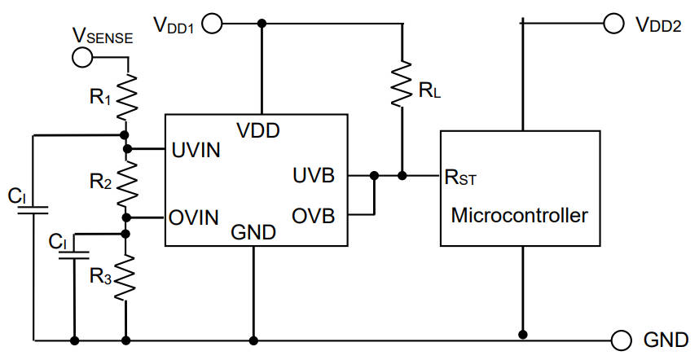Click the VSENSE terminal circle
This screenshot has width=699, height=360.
[x=82, y=57]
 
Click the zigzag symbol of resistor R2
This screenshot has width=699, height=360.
[x=126, y=183]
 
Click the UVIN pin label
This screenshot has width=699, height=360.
[x=195, y=150]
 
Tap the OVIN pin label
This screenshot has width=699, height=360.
[x=195, y=217]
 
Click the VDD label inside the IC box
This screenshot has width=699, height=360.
[x=259, y=130]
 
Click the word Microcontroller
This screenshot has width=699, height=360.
[x=519, y=216]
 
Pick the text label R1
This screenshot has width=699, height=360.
[x=99, y=96]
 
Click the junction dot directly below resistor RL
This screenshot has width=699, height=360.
[x=402, y=175]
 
